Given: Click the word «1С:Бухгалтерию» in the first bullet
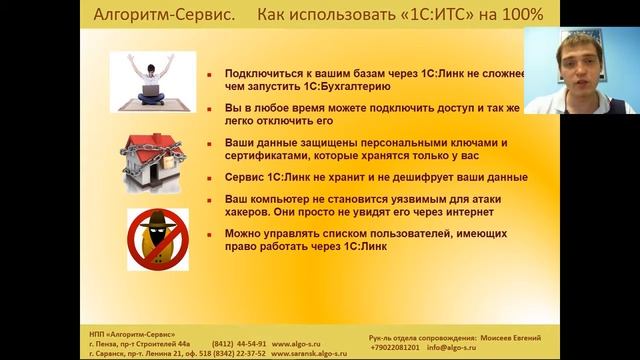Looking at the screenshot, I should [291, 87].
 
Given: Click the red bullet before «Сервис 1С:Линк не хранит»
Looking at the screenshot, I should [204, 177].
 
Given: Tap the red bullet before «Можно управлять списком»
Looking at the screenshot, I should [204, 234].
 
